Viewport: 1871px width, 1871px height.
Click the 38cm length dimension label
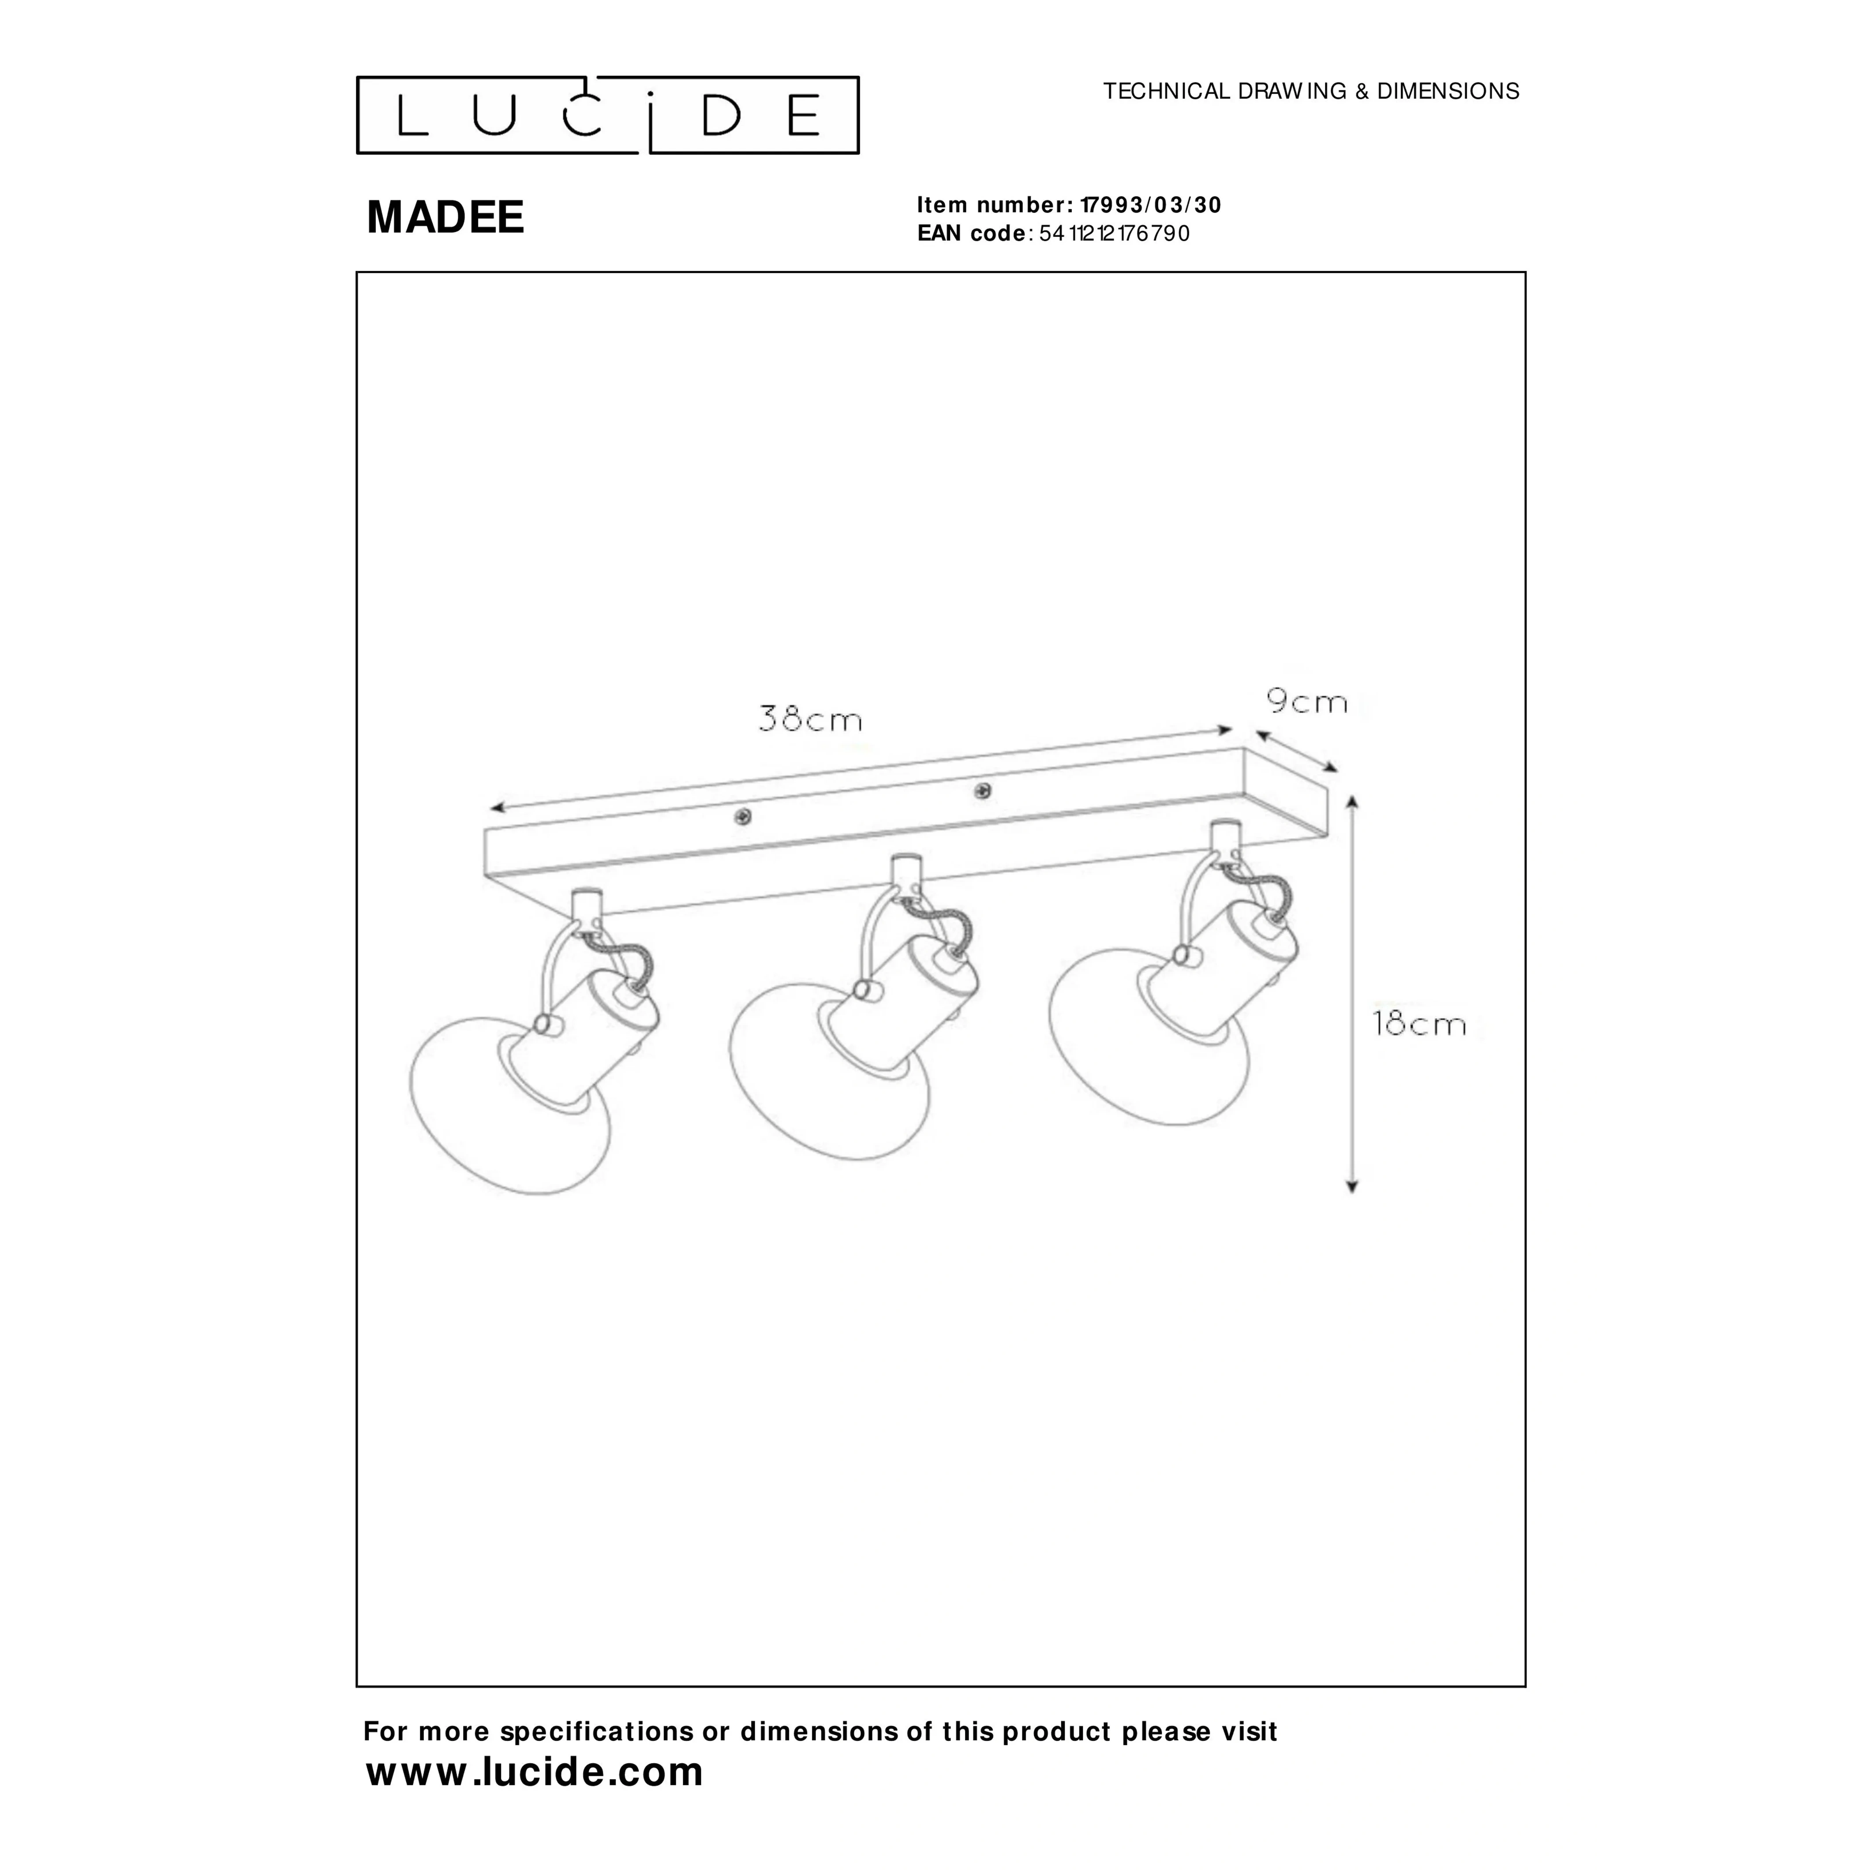810,719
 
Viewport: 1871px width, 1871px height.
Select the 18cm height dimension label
1420,1024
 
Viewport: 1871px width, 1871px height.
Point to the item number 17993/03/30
1152,205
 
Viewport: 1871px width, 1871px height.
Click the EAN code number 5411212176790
1115,233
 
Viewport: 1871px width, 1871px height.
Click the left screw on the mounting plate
743,816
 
